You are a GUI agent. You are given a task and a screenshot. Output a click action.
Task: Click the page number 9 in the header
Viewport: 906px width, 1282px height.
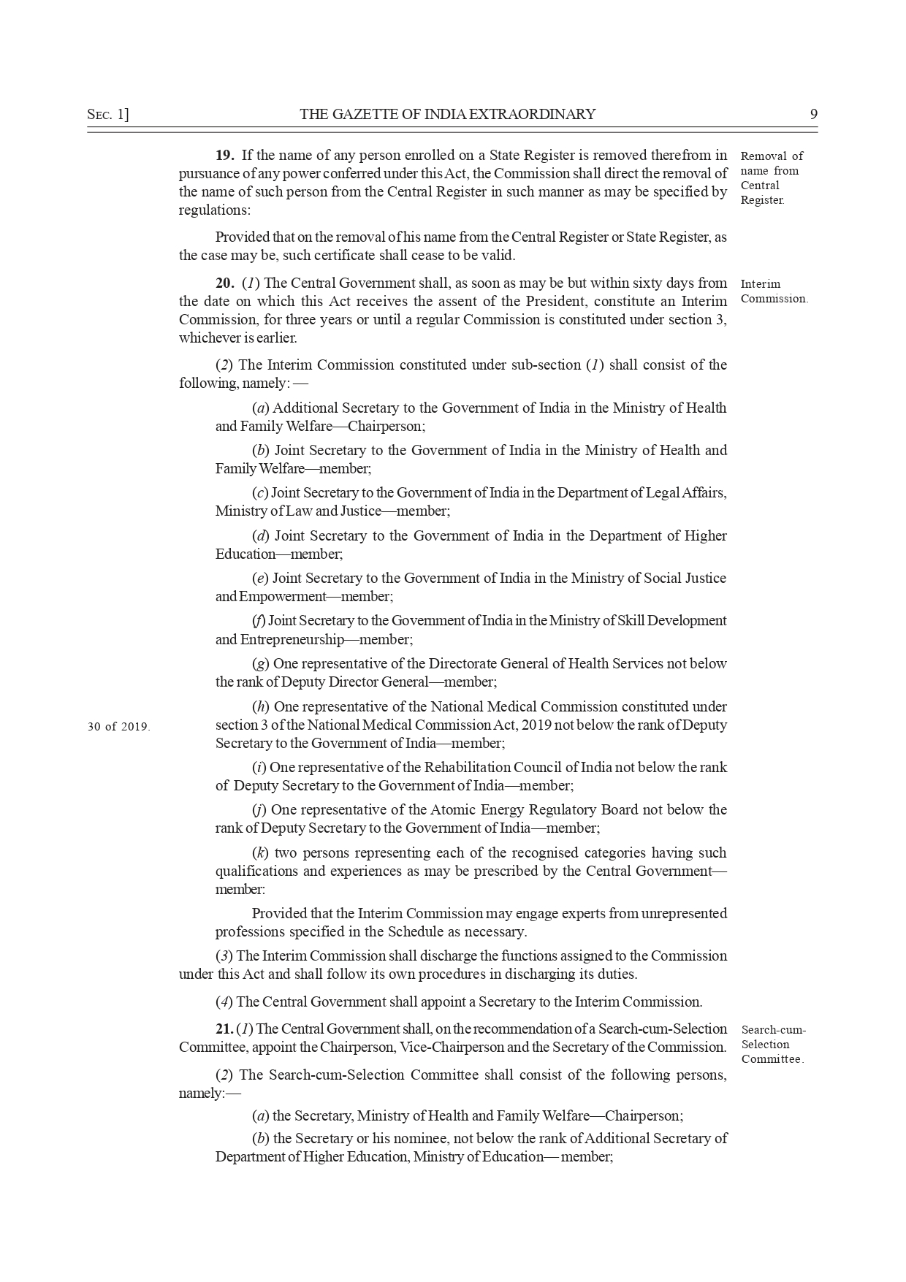[813, 114]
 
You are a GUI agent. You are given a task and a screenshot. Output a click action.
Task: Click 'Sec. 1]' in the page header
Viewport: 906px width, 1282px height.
[107, 114]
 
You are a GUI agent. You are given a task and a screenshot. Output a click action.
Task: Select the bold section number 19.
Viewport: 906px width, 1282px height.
[224, 155]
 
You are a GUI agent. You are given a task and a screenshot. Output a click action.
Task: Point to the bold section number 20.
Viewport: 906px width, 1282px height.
[224, 283]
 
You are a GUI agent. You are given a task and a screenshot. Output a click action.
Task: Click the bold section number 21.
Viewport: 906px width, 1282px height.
[224, 1029]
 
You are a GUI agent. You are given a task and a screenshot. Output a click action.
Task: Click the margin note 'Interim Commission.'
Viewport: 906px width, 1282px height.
[774, 291]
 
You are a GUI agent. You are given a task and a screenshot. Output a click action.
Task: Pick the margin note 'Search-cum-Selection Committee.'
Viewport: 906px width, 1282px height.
[773, 1044]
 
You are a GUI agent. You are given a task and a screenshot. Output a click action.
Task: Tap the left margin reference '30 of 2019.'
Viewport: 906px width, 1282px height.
[118, 726]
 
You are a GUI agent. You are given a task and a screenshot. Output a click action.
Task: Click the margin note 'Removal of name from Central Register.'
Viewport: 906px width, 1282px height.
[771, 178]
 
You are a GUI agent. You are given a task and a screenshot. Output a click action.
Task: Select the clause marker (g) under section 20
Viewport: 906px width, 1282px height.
[260, 663]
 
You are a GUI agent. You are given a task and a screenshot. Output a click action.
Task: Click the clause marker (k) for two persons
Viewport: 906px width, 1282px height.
[259, 852]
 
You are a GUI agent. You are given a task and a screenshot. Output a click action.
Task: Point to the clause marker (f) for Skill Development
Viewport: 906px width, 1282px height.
[259, 620]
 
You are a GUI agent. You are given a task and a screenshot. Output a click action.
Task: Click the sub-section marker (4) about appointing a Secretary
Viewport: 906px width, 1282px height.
[224, 1001]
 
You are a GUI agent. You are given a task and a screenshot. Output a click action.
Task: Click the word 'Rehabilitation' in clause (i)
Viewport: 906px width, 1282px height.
[465, 767]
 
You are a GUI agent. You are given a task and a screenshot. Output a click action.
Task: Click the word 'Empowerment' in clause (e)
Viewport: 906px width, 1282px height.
[281, 596]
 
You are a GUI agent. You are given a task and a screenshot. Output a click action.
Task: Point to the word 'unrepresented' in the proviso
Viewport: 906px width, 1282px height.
[684, 913]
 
